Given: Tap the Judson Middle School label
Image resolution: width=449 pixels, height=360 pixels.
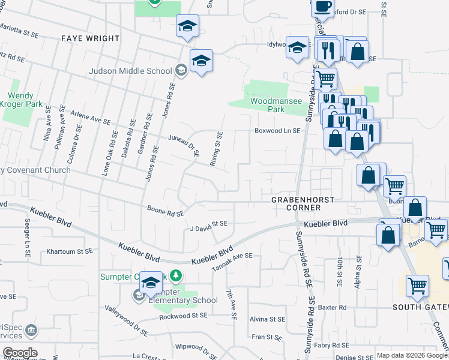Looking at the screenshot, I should pyautogui.click(x=130, y=71).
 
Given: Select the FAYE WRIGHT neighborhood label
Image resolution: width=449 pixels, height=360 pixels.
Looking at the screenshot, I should pyautogui.click(x=91, y=38).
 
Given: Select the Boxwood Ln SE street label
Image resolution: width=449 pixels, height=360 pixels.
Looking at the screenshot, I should pyautogui.click(x=277, y=130).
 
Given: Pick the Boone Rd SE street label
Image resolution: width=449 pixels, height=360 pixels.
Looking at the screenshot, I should pyautogui.click(x=166, y=211).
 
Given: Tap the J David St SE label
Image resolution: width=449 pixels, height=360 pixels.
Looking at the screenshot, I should pyautogui.click(x=208, y=226).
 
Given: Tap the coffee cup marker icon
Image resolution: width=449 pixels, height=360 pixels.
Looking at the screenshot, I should pyautogui.click(x=322, y=7).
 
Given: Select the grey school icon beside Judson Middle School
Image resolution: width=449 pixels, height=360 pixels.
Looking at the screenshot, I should pyautogui.click(x=180, y=71).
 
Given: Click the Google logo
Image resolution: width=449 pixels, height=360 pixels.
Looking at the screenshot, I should pyautogui.click(x=20, y=353).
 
